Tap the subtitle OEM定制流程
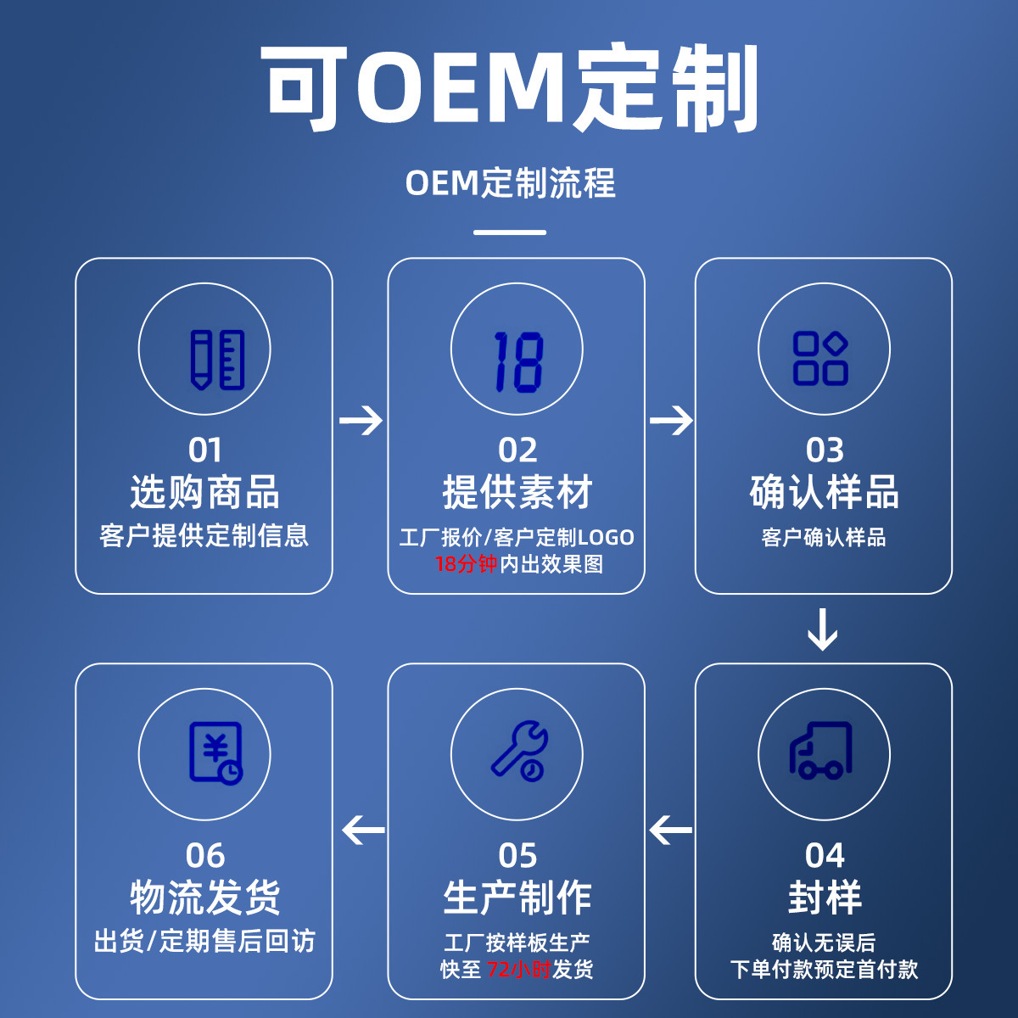click(510, 183)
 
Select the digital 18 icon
click(517, 361)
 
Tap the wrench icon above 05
click(519, 750)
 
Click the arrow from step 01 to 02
click(361, 420)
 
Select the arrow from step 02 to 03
click(671, 420)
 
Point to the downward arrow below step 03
click(823, 629)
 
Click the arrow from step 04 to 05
click(671, 830)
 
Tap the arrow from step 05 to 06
click(364, 830)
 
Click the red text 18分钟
click(466, 564)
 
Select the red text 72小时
click(518, 969)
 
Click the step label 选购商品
click(204, 492)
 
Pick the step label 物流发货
click(204, 898)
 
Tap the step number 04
click(825, 855)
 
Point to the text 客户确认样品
click(823, 537)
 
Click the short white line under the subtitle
click(510, 232)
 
